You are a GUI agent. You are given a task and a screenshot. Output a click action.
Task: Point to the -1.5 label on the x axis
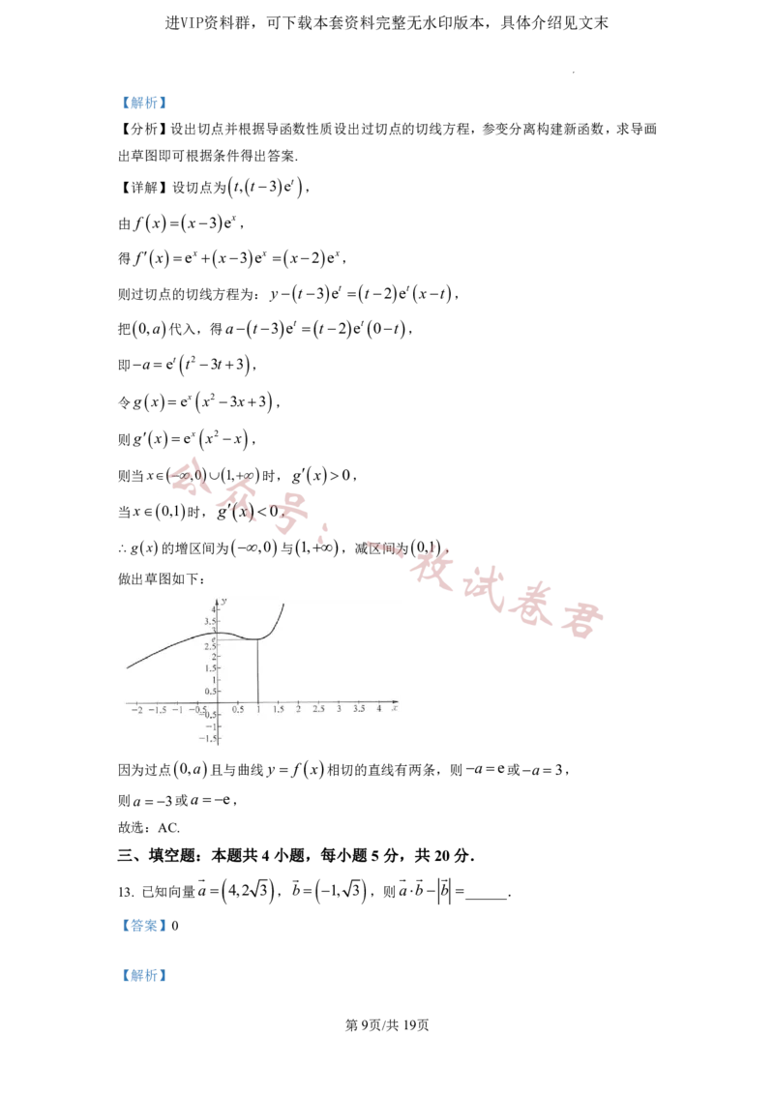pos(157,710)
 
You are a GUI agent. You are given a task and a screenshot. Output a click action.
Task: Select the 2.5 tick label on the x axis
pos(318,710)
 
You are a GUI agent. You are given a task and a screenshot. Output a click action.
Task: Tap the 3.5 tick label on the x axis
pos(359,710)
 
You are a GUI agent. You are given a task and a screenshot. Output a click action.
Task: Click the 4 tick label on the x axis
pos(379,710)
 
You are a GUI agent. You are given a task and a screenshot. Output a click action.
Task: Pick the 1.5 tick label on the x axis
pos(278,710)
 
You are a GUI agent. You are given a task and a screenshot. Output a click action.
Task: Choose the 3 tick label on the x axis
pos(339,710)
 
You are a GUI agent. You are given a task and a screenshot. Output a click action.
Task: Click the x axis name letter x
pos(396,709)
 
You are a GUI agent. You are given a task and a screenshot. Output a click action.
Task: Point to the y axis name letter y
pos(223,601)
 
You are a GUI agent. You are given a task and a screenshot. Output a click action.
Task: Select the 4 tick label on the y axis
pos(216,609)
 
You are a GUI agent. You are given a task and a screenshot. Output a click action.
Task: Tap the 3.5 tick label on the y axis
pos(212,621)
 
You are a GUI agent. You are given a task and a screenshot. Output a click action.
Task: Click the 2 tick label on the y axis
pos(216,657)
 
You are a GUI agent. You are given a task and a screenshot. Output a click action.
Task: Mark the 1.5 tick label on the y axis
pos(212,668)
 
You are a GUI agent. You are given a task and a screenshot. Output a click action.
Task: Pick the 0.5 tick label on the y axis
pos(212,692)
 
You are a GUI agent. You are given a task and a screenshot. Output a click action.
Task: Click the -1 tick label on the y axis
pos(213,726)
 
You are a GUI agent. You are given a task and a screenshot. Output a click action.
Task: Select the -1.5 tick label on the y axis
pos(210,738)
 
